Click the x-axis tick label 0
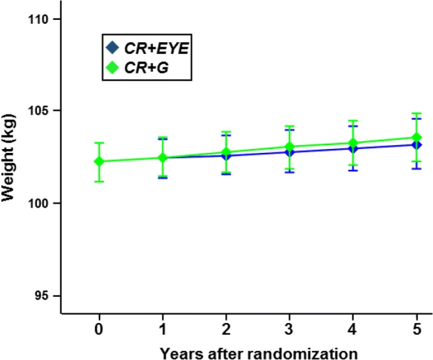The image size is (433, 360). pos(99,328)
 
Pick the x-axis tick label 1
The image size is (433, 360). pos(162,328)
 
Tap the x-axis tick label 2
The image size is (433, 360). pos(226,328)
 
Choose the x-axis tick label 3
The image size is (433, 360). pos(289,328)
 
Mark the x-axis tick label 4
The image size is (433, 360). pos(353,328)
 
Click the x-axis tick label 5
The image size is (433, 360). pos(417,328)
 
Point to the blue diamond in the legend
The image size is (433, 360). pos(112,47)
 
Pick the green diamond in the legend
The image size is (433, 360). pos(112,67)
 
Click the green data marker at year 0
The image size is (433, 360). pos(99,162)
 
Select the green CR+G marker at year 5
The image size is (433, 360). pos(417,138)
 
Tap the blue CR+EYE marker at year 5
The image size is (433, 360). pos(417,145)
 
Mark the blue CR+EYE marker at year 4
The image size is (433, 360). pos(353,149)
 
